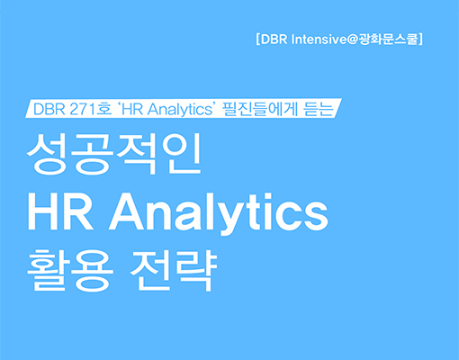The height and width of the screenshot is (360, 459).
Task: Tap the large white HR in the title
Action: click(x=60, y=211)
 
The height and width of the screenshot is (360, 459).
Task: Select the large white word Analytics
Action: click(x=219, y=214)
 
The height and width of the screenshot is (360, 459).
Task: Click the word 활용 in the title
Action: click(x=70, y=270)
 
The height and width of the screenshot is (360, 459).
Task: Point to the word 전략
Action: click(x=174, y=270)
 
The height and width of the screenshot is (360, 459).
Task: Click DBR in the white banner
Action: click(x=49, y=109)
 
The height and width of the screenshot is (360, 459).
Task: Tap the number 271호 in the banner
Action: click(x=91, y=109)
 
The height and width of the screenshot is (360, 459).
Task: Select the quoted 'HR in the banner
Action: click(x=131, y=109)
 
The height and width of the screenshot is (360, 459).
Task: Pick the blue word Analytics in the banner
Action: click(x=180, y=110)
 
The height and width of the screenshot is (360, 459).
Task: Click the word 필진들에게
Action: click(x=260, y=109)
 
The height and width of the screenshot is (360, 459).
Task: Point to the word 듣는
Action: click(x=319, y=109)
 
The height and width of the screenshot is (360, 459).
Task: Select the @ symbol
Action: click(x=353, y=40)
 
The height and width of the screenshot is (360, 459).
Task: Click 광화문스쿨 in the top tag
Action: click(x=388, y=40)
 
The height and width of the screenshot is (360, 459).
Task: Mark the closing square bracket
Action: click(x=420, y=40)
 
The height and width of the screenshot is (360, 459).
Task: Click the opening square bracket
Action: click(x=258, y=40)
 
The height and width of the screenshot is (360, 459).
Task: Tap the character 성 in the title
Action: click(x=47, y=153)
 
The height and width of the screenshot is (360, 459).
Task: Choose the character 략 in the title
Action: click(x=196, y=270)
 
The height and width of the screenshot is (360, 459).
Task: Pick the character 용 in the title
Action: click(x=93, y=270)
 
